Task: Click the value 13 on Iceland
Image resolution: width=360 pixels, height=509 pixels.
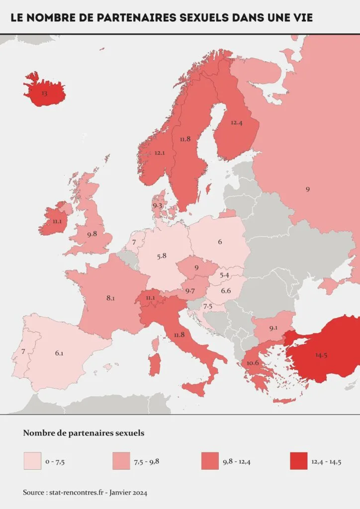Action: tap(45, 93)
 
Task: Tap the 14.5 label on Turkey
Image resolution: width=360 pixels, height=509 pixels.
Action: tap(321, 355)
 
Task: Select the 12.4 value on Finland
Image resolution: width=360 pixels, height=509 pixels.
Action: tap(237, 122)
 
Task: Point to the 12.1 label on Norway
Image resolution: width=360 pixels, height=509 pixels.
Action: tap(160, 153)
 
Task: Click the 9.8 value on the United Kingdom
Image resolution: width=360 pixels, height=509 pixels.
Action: tap(92, 234)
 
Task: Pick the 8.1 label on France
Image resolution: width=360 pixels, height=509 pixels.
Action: tap(110, 298)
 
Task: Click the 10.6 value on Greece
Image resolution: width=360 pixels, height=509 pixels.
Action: tap(253, 362)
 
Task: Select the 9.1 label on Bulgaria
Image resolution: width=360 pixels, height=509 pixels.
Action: tap(273, 328)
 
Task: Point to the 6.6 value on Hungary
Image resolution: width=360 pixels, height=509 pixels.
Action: tap(226, 290)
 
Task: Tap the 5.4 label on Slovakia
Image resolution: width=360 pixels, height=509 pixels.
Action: tap(224, 275)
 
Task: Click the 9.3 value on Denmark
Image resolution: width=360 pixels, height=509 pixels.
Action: tap(158, 205)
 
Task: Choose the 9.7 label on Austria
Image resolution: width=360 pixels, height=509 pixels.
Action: tap(189, 290)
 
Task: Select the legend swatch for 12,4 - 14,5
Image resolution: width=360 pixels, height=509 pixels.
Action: tap(297, 461)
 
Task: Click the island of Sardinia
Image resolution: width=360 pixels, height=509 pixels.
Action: tap(155, 364)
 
